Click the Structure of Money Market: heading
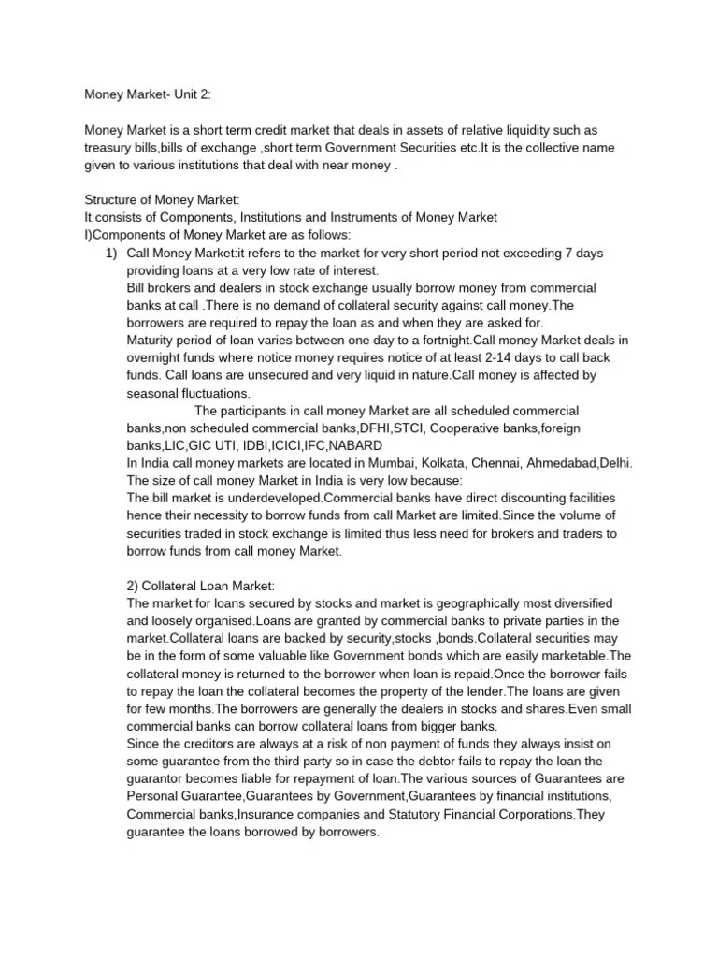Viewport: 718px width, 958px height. (x=163, y=199)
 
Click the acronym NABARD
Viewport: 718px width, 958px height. (x=360, y=445)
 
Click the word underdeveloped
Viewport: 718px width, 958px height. (x=270, y=498)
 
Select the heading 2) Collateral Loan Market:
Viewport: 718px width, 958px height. (x=200, y=585)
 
